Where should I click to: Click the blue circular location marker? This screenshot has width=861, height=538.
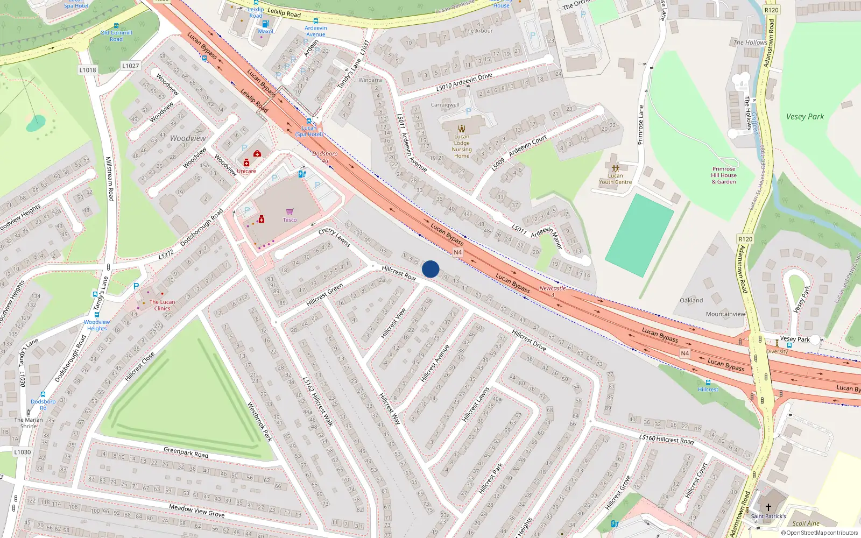[x=430, y=269]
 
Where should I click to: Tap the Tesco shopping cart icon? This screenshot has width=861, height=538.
[x=290, y=211]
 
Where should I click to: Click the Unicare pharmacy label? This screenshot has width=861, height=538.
[x=246, y=171]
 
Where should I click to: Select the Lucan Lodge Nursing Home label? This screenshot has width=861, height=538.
[x=462, y=146]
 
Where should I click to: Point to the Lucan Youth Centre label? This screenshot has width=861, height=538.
[x=616, y=179]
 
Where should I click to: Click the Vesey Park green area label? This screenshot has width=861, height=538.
[x=804, y=117]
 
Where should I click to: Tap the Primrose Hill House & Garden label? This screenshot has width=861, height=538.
[x=724, y=175]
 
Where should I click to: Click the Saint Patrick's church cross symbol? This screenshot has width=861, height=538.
[x=768, y=507]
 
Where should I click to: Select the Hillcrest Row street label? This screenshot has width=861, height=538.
[x=399, y=273]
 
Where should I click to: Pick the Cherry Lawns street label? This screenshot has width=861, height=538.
[x=334, y=237]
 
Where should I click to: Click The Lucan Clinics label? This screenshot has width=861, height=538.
[x=162, y=305]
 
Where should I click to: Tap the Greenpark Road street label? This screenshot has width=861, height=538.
[x=186, y=452]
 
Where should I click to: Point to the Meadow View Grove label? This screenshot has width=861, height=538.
[x=196, y=511]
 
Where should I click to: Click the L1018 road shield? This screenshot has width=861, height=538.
[x=88, y=70]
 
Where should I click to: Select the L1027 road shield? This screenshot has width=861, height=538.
[x=130, y=66]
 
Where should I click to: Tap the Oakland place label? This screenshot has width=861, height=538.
[x=691, y=300]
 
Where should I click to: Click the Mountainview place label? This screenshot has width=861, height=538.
[x=725, y=314]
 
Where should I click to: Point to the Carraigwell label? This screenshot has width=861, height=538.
[x=445, y=105]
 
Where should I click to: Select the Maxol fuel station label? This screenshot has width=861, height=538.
[x=266, y=32]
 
